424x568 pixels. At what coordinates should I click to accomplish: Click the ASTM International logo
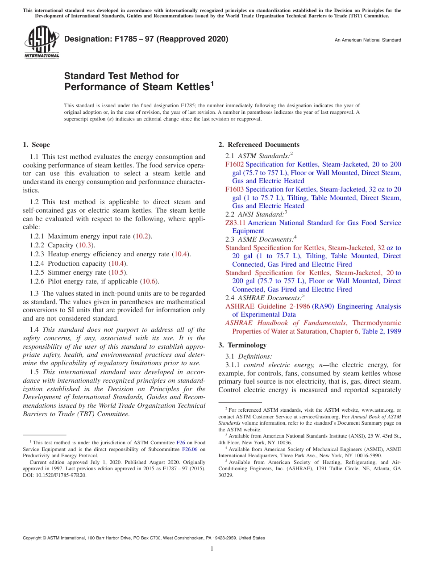click(42, 42)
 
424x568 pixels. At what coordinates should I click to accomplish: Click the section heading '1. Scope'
click(36, 145)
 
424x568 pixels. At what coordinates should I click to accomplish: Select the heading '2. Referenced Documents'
click(259, 145)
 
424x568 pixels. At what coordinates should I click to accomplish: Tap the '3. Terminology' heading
click(242, 345)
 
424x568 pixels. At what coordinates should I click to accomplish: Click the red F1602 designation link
click(234, 164)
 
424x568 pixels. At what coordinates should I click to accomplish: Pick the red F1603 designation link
click(234, 189)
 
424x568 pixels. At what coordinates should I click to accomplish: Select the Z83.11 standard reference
click(235, 223)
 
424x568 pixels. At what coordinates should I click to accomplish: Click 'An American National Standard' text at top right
click(368, 40)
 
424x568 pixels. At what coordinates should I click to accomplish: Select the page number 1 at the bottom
click(212, 549)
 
